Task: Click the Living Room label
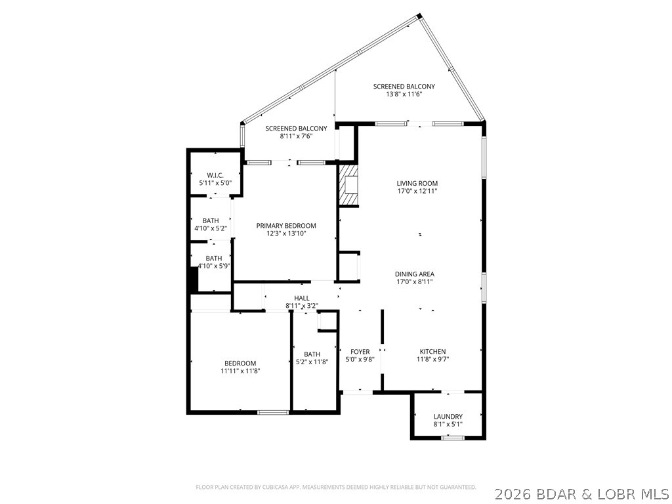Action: pyautogui.click(x=417, y=183)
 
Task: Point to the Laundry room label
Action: pyautogui.click(x=448, y=417)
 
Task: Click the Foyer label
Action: pyautogui.click(x=360, y=352)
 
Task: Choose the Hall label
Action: pyautogui.click(x=302, y=298)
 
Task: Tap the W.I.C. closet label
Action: pyautogui.click(x=215, y=175)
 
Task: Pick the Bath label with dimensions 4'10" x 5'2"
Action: pyautogui.click(x=211, y=220)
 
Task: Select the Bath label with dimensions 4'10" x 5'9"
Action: pyautogui.click(x=214, y=259)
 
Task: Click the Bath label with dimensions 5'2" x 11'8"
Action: pyautogui.click(x=312, y=354)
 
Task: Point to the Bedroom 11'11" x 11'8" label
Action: pyautogui.click(x=240, y=363)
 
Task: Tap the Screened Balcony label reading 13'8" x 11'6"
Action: pyautogui.click(x=404, y=86)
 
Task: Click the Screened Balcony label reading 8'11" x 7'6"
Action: pyautogui.click(x=296, y=128)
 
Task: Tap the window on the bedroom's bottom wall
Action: pyautogui.click(x=273, y=412)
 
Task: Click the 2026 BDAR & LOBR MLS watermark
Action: pyautogui.click(x=581, y=492)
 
